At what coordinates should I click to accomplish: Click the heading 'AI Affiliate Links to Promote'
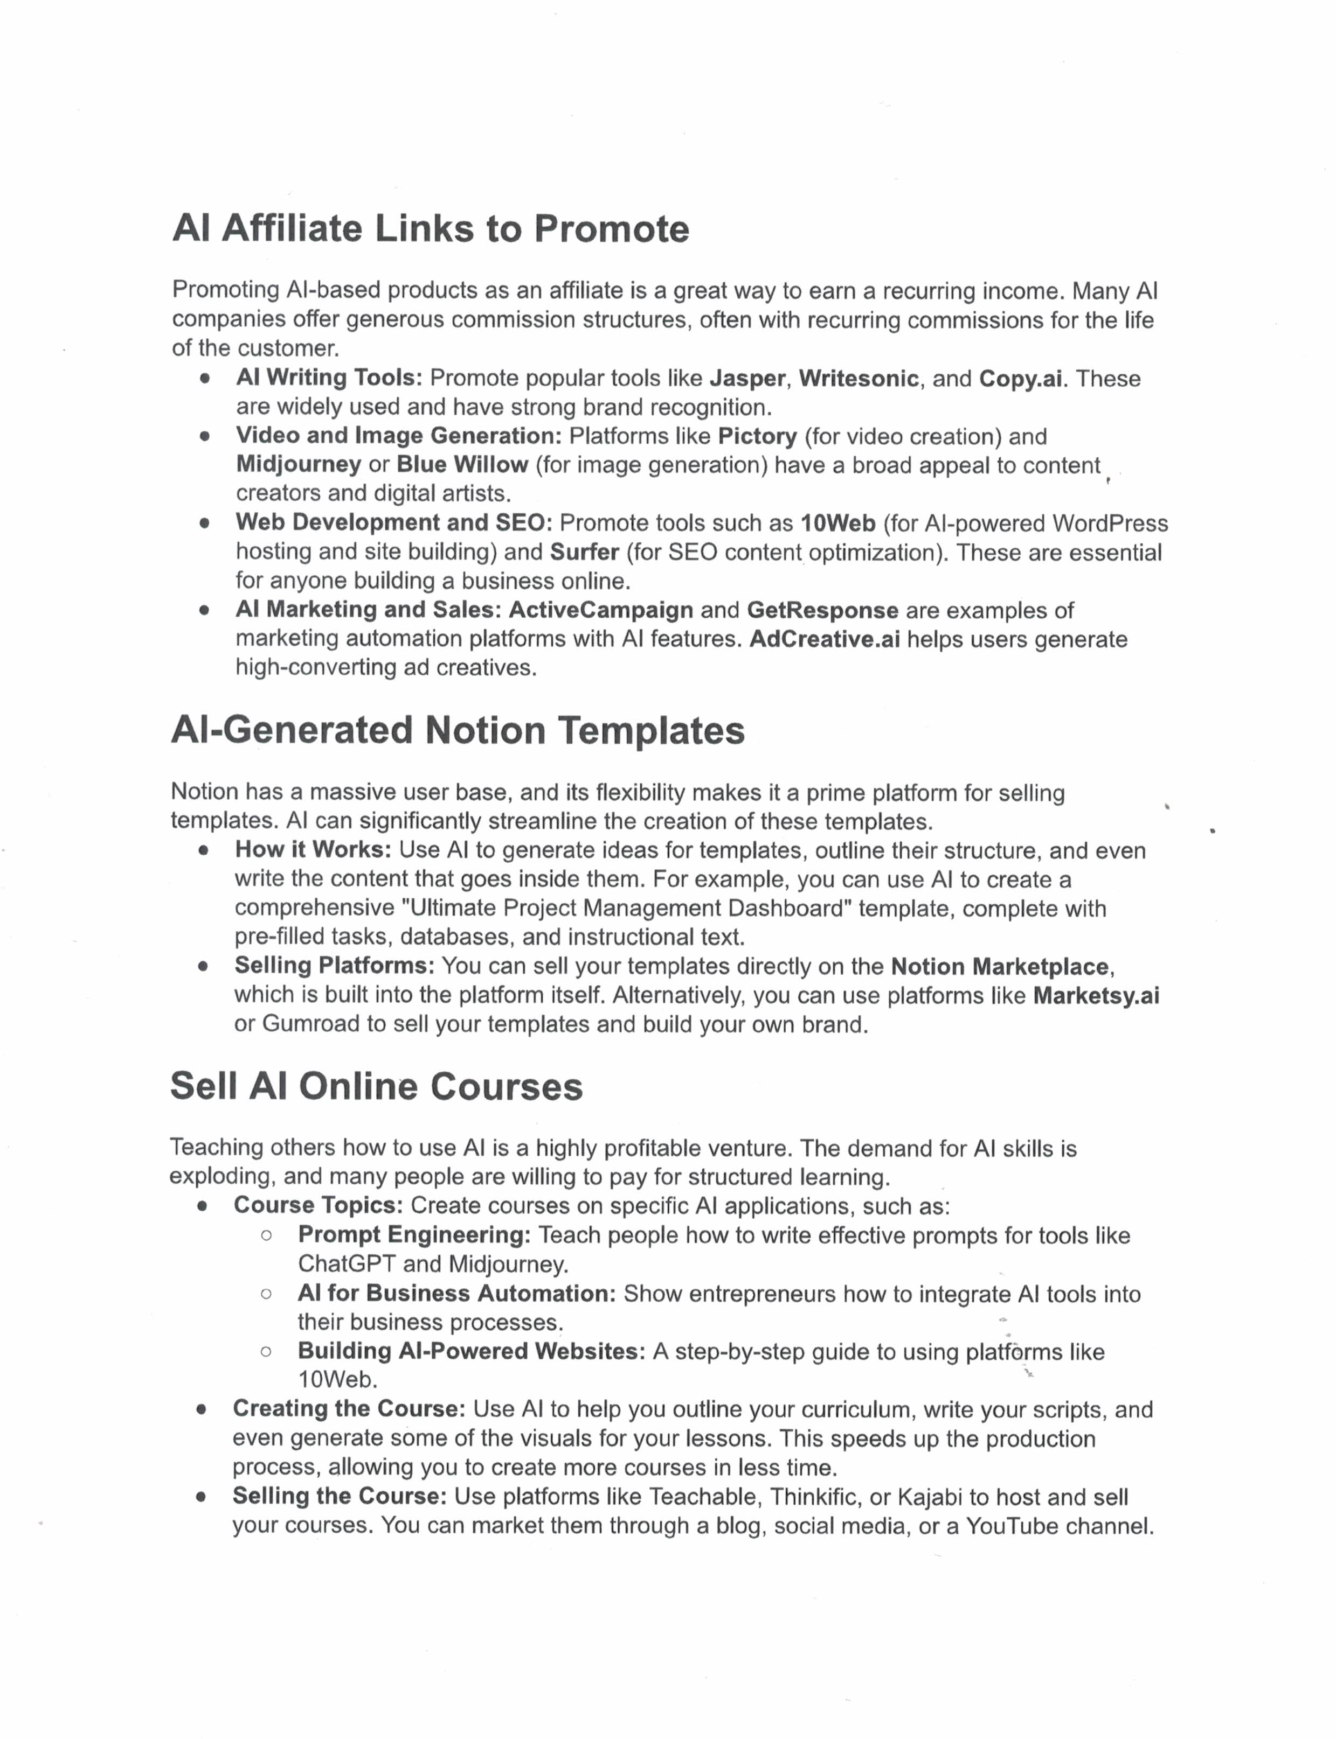click(x=430, y=229)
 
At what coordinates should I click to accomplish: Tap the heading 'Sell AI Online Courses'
click(x=376, y=1086)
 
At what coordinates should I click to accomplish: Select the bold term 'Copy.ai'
click(x=1020, y=379)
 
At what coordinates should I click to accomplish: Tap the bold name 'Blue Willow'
click(x=462, y=464)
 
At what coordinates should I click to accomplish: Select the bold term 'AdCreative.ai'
click(x=825, y=639)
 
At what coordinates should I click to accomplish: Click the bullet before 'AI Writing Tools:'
click(x=205, y=379)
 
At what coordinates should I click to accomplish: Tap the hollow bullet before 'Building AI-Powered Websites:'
click(x=266, y=1352)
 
